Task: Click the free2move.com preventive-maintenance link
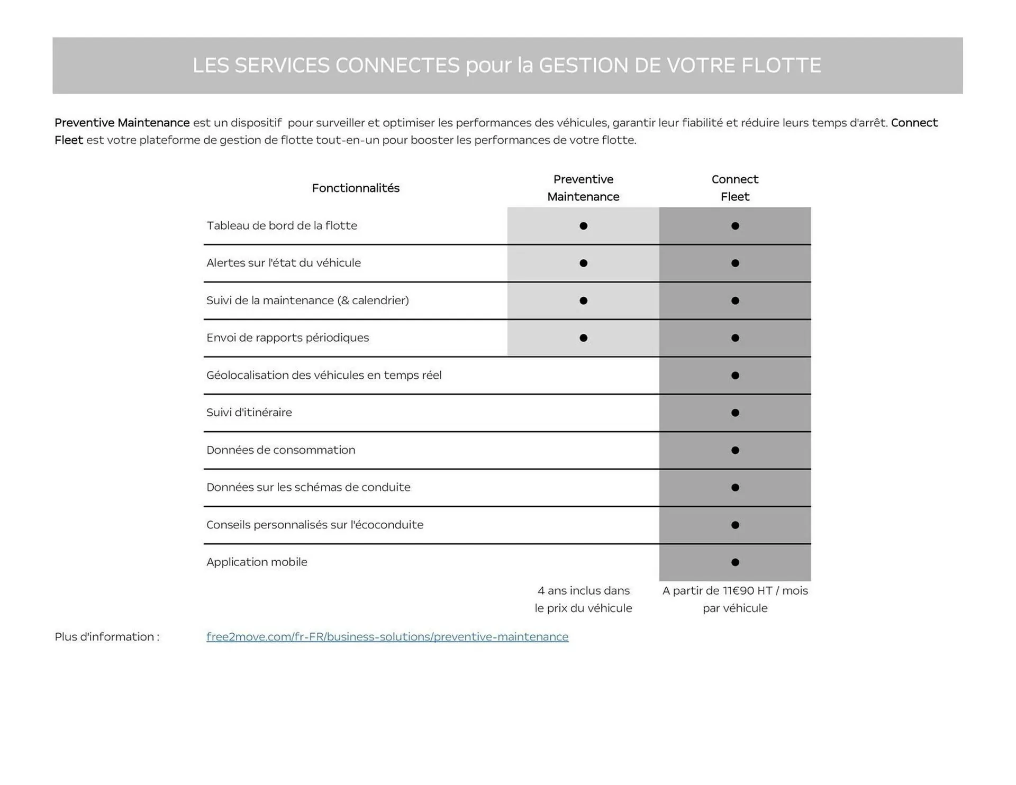387,636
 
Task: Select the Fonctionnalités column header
356,188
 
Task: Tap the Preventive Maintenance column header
583,188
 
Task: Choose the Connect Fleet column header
734,188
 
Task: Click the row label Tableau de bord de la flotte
282,225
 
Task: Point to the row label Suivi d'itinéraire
249,412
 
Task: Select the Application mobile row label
257,562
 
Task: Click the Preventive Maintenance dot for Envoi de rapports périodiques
583,338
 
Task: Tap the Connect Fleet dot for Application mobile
735,562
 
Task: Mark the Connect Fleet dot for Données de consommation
735,450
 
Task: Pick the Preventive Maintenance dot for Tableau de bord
583,226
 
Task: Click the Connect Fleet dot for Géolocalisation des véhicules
735,376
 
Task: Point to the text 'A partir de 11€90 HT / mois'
735,590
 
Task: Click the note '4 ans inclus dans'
583,590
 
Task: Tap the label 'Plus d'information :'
107,636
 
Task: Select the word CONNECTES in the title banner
397,66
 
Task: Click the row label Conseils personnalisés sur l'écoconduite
314,525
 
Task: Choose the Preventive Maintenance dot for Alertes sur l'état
583,263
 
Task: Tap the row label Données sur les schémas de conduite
308,487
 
